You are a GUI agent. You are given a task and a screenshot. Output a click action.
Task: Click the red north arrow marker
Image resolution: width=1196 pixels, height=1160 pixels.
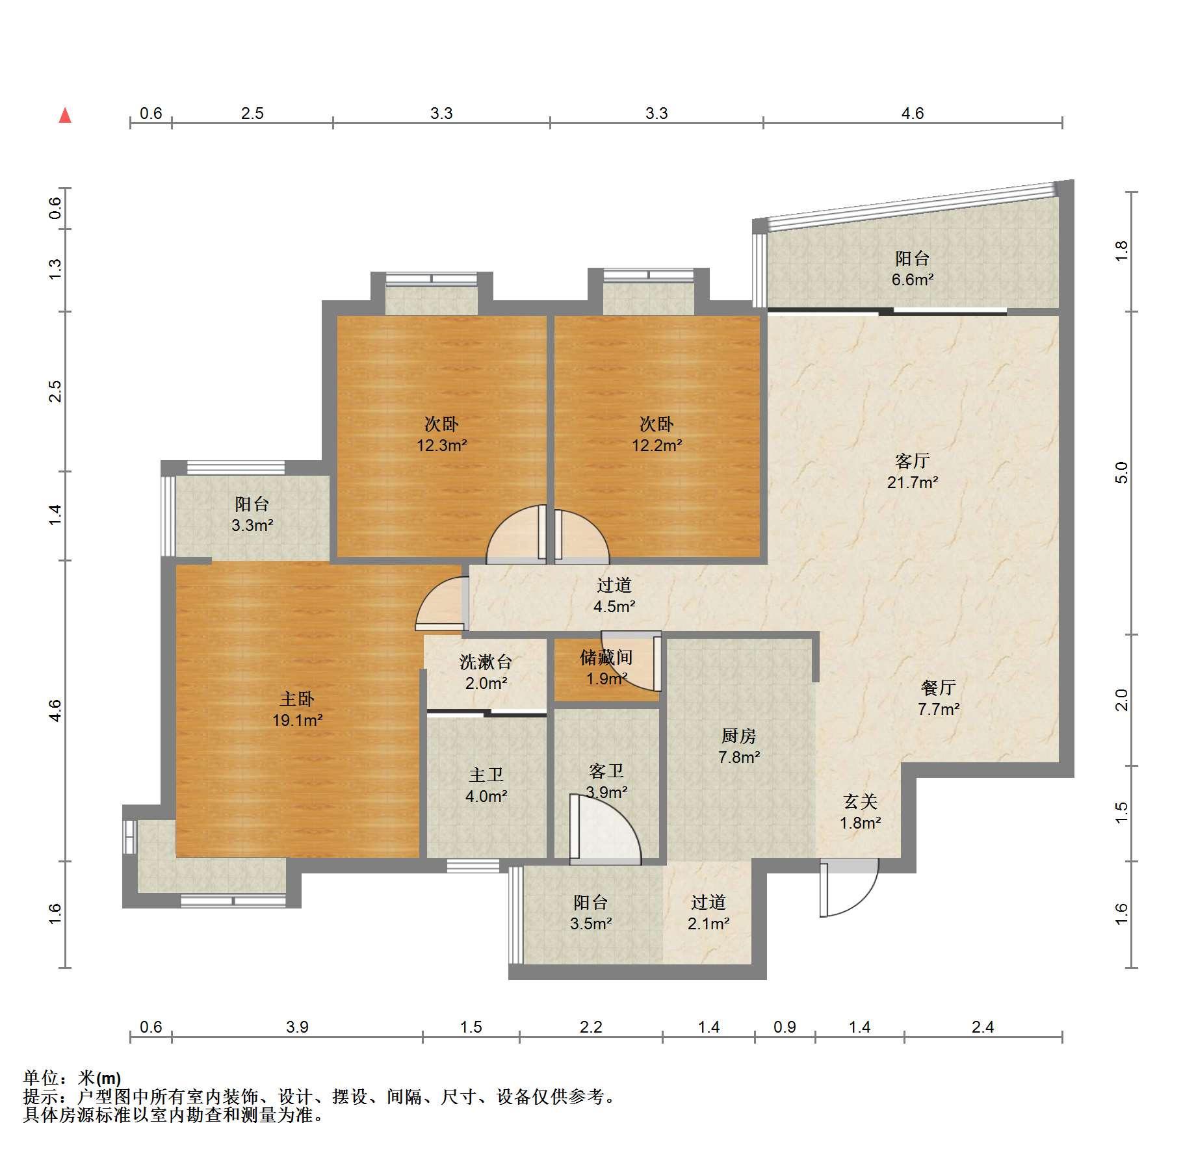(x=65, y=116)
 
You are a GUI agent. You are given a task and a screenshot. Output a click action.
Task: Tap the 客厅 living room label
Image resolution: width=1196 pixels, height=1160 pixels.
(x=912, y=461)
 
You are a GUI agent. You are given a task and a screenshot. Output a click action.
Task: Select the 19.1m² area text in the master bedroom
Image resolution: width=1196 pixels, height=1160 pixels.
(x=298, y=720)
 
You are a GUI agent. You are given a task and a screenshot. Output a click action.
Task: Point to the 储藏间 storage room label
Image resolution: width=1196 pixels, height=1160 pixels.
(x=606, y=658)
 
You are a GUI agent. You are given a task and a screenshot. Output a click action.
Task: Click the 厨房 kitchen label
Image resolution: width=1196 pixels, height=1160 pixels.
(x=739, y=736)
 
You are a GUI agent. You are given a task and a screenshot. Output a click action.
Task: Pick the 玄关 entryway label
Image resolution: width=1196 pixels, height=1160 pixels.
(x=861, y=802)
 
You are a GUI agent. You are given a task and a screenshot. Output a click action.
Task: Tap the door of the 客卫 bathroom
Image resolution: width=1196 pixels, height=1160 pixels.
(x=605, y=829)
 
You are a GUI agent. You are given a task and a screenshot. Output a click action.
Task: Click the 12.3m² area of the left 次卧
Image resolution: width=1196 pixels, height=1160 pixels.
(x=442, y=445)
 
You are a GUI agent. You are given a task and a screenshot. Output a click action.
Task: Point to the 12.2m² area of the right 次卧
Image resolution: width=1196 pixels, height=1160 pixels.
(x=656, y=445)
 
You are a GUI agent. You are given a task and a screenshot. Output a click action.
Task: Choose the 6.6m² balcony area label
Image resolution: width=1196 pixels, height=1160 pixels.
(x=913, y=280)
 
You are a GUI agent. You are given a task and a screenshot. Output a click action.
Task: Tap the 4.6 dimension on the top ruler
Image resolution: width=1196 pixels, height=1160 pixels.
(x=913, y=113)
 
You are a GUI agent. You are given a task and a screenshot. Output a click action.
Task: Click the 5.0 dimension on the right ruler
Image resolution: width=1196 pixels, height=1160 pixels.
(x=1121, y=473)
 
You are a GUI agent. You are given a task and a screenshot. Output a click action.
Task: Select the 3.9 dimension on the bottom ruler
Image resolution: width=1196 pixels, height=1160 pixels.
(x=297, y=1027)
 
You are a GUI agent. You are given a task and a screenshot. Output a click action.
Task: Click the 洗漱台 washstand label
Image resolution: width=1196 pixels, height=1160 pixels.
(x=486, y=662)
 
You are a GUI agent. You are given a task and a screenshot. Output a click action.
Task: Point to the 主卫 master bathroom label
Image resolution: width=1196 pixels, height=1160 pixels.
(x=486, y=775)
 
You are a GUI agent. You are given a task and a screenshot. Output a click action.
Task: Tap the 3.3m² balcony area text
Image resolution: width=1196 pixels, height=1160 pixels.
(x=252, y=525)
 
